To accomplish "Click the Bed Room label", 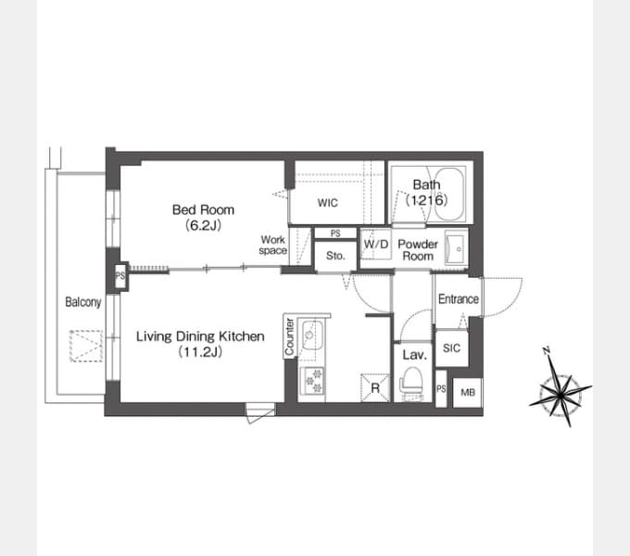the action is coord(203,209).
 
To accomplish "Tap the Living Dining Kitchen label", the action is coord(200,336).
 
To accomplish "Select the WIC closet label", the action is coord(327,203).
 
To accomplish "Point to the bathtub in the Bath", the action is coord(449,194).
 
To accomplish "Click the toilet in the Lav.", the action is coord(412,384).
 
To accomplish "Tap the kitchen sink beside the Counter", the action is coord(312,335).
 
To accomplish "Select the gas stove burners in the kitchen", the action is coord(312,381).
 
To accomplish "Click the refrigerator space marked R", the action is coord(375,387).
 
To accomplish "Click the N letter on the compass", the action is coord(546,350).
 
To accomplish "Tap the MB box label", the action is coord(468,393).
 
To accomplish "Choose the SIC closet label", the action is coord(451,347).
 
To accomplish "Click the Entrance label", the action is coord(458,299).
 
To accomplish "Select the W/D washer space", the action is coord(375,244).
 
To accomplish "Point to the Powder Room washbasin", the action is coord(456,249).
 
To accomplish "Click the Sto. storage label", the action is coord(335,256).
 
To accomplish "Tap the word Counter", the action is coord(289,336).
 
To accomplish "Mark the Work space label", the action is coord(272,245).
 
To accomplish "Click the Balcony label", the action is coord(83,302).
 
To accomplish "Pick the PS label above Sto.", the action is coord(335,234).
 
